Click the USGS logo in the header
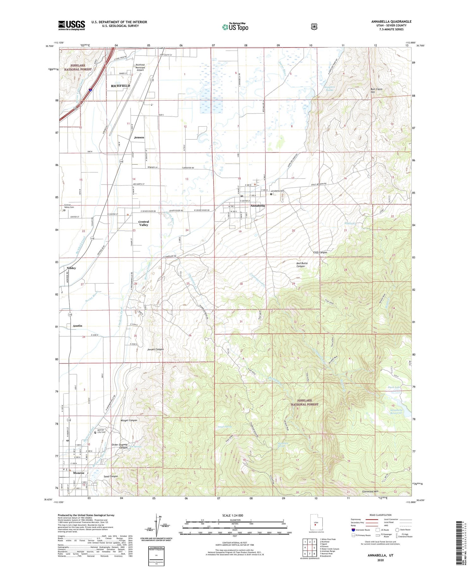(71, 25)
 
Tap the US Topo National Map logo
(235, 27)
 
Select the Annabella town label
(258, 206)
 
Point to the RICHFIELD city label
(120, 86)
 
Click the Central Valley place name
(143, 223)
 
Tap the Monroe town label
(79, 473)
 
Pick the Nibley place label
(71, 268)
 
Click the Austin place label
(77, 326)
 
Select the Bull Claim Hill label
(376, 91)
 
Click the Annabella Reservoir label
(396, 411)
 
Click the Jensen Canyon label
(155, 349)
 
